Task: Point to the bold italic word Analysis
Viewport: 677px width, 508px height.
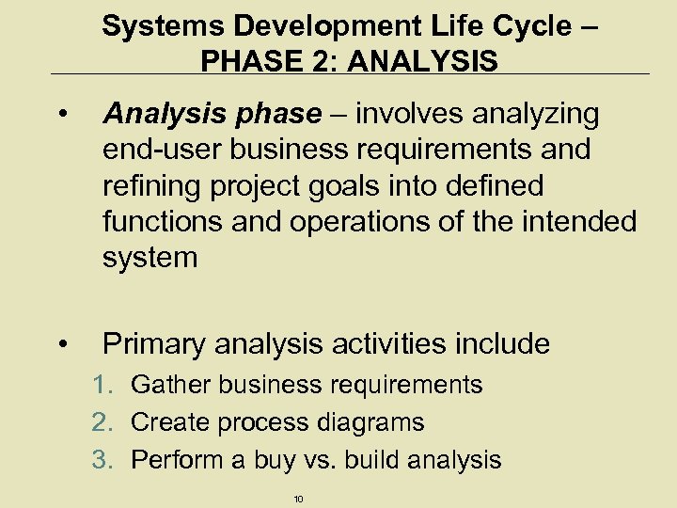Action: tap(157, 114)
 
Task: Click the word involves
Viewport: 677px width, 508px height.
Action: tap(411, 114)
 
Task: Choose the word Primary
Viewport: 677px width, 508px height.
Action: tap(154, 344)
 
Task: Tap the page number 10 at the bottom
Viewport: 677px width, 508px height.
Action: tap(299, 499)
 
